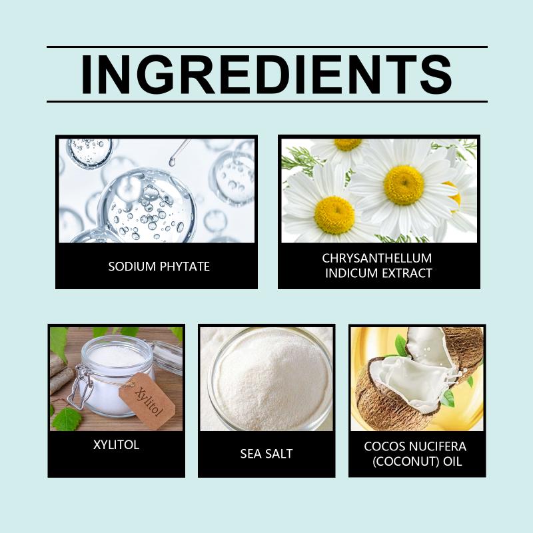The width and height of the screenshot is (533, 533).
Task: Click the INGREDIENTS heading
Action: point(267,75)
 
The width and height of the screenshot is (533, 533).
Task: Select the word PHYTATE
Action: point(185,266)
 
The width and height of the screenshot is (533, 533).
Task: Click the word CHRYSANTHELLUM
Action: point(377,259)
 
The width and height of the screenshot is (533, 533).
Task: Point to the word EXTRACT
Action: point(405,273)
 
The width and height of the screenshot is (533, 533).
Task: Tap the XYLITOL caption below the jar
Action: point(116,444)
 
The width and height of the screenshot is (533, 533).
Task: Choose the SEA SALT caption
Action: point(266,454)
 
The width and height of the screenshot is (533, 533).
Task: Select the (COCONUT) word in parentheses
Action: point(406,461)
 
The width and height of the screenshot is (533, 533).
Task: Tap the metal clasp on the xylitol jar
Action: point(80,387)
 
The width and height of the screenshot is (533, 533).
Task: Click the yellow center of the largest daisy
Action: point(404,185)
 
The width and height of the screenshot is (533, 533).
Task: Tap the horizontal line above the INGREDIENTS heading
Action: point(267,47)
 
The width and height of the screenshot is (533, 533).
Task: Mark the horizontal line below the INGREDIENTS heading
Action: point(267,101)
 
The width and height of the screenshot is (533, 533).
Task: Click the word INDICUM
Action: point(350,273)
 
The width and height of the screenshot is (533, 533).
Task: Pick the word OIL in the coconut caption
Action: point(453,462)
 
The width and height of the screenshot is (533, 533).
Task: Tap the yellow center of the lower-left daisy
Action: point(334,215)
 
